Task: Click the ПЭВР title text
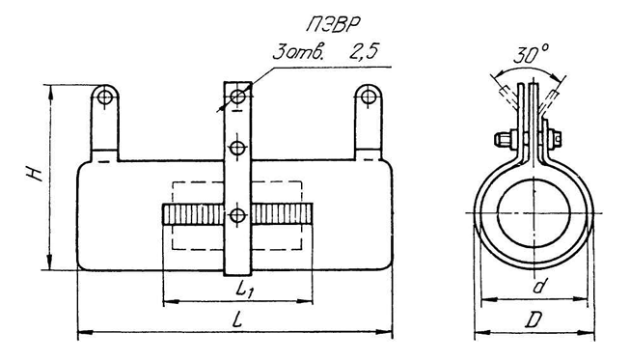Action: pos(332,24)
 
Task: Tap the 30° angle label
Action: pos(530,54)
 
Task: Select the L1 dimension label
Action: pos(243,290)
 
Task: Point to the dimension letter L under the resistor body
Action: pos(238,319)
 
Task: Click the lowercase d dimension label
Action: pos(539,286)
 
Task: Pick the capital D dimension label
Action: pos(534,320)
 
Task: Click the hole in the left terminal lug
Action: pos(105,97)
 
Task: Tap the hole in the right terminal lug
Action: pos(368,97)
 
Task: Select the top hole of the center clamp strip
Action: pos(238,97)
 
